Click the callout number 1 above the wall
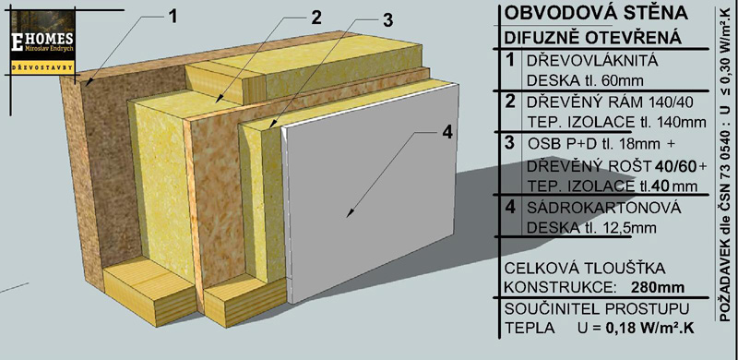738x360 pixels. click(173, 17)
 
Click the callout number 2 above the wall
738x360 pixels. click(315, 18)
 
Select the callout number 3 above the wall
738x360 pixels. click(387, 20)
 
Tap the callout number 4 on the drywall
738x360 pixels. click(446, 132)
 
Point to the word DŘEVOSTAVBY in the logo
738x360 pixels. click(42, 67)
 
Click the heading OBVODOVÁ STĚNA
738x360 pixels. click(596, 13)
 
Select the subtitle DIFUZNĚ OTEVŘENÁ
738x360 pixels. click(592, 38)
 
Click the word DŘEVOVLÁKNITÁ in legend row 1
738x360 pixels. click(592, 61)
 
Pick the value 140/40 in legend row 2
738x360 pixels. click(676, 102)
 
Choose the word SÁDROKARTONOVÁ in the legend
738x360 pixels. click(604, 208)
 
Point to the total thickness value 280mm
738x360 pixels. click(658, 287)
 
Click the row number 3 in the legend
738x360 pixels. click(509, 143)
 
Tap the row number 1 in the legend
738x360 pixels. click(509, 61)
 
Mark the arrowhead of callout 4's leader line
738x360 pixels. click(350, 214)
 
